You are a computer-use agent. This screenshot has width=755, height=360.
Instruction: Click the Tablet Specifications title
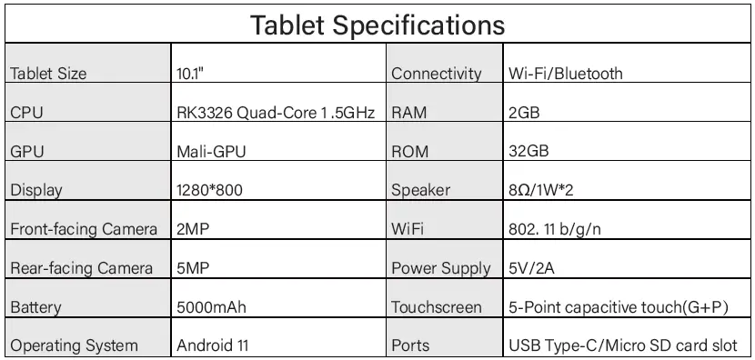pyautogui.click(x=377, y=24)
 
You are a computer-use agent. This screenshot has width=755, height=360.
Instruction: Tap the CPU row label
pyautogui.click(x=25, y=113)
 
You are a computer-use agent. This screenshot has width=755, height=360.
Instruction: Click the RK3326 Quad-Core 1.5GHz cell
pyautogui.click(x=275, y=113)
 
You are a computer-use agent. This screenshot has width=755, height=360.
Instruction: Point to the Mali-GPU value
pyautogui.click(x=211, y=152)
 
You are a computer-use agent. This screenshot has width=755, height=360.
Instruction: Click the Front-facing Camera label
pyautogui.click(x=84, y=229)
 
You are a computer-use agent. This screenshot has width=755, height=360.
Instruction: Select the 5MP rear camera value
pyautogui.click(x=192, y=268)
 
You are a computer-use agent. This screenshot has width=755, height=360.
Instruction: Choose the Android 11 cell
pyautogui.click(x=212, y=345)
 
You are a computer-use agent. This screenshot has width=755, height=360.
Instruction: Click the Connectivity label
pyautogui.click(x=436, y=74)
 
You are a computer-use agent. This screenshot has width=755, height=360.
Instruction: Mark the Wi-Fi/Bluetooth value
pyautogui.click(x=565, y=74)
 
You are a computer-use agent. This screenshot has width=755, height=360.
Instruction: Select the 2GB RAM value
pyautogui.click(x=526, y=113)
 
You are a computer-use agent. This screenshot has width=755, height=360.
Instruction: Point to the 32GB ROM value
pyautogui.click(x=528, y=152)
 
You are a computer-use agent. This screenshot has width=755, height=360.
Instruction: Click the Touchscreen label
pyautogui.click(x=437, y=306)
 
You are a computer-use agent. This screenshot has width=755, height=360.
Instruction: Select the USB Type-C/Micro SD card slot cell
pyautogui.click(x=629, y=345)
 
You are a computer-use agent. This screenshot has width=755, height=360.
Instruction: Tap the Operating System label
pyautogui.click(x=75, y=345)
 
